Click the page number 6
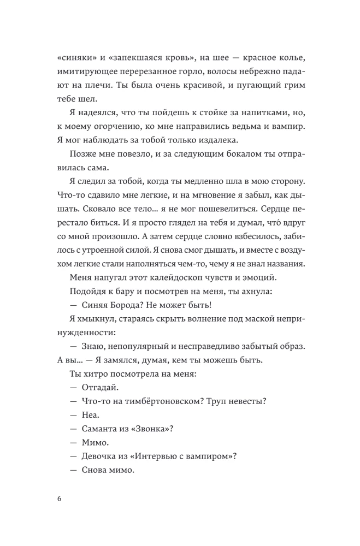point(59,498)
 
